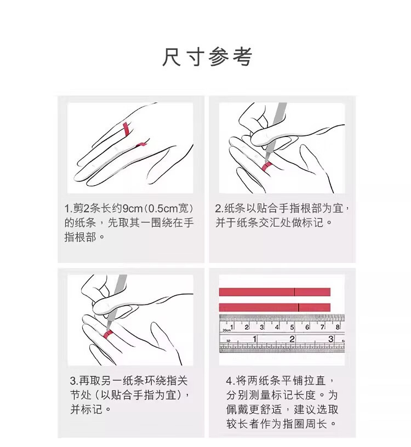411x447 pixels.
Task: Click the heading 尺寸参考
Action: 207,57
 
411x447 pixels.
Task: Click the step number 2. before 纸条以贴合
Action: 219,209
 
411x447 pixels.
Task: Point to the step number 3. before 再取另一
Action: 74,381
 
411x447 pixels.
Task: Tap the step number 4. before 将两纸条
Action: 231,381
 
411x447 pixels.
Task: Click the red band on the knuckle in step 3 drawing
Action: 107,334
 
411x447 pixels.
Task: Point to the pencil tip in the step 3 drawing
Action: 108,328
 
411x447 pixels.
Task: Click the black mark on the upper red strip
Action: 295,292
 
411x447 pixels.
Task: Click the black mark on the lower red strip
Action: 298,307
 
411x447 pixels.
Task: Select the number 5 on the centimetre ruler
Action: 292,327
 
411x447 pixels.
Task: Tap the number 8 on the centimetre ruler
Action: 338,326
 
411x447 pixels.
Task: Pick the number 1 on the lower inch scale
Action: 254,339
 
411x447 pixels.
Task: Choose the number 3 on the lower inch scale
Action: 331,339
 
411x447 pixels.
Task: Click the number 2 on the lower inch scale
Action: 292,339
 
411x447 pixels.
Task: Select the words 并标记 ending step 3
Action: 87,410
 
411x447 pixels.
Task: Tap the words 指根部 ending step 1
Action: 81,237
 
